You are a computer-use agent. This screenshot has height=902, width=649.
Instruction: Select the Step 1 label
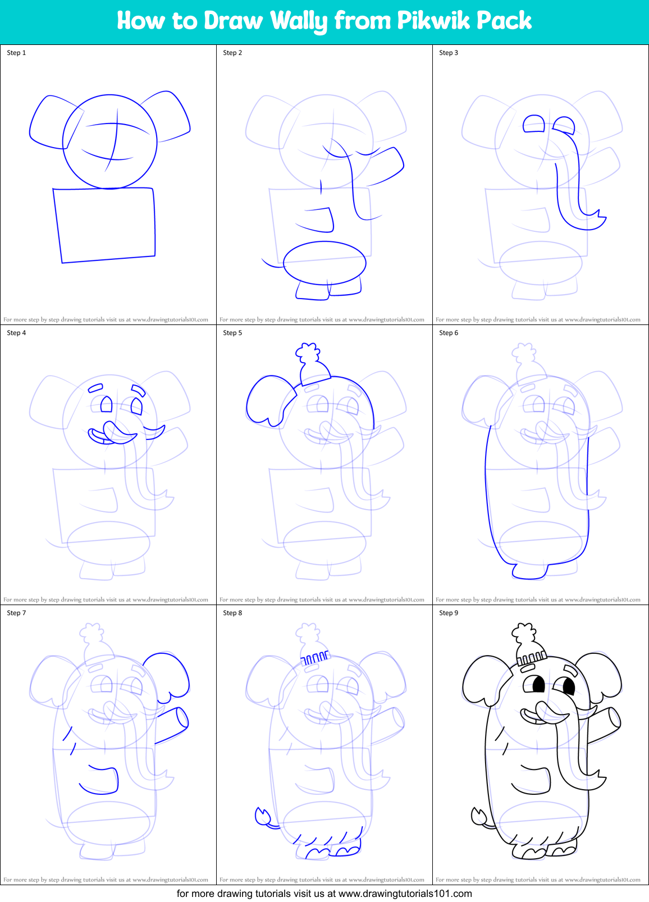tap(16, 53)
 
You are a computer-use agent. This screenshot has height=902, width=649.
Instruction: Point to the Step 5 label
tap(232, 333)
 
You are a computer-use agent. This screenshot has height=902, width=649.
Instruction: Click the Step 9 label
tap(449, 613)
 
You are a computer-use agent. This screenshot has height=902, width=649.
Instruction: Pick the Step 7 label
tap(16, 613)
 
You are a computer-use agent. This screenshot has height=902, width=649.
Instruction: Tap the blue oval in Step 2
tap(324, 263)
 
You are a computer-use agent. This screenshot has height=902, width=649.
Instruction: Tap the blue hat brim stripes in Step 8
tap(315, 657)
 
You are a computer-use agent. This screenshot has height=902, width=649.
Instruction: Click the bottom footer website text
tap(324, 894)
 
